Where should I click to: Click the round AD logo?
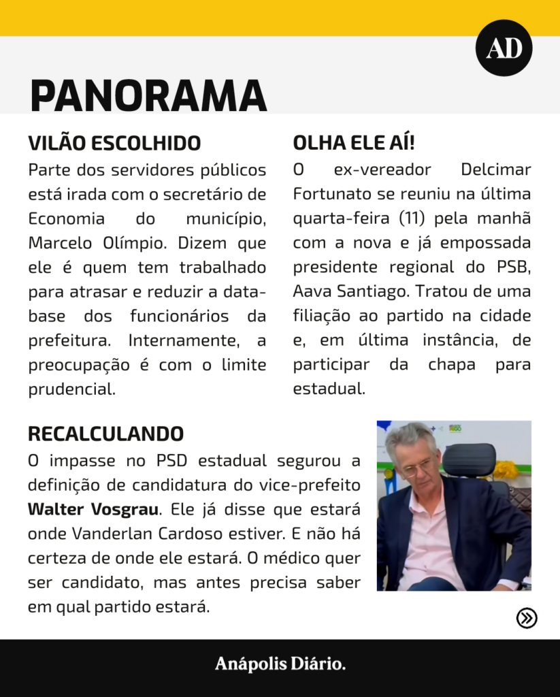pyautogui.click(x=504, y=48)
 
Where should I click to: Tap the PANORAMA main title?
pyautogui.click(x=148, y=95)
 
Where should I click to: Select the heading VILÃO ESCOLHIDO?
pyautogui.click(x=114, y=144)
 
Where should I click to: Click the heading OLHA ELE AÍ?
pyautogui.click(x=354, y=144)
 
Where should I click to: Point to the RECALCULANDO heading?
pyautogui.click(x=105, y=434)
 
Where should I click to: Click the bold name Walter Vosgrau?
pyautogui.click(x=94, y=509)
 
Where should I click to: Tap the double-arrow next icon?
pyautogui.click(x=527, y=617)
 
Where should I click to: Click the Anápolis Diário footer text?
pyautogui.click(x=280, y=664)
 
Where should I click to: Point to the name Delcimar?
pyautogui.click(x=495, y=169)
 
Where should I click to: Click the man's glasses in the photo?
pyautogui.click(x=416, y=466)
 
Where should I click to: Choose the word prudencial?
pyautogui.click(x=71, y=389)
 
